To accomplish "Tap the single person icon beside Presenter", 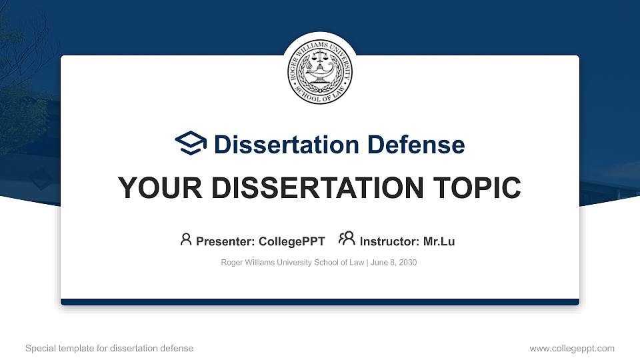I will [186, 239].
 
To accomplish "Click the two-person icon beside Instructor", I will [347, 239].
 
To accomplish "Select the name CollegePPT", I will [292, 241].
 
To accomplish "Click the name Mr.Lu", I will [439, 241].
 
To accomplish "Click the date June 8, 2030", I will [393, 263].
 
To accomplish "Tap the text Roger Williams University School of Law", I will [292, 263].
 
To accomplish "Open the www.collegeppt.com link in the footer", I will [572, 348].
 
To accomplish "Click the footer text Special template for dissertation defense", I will [109, 348].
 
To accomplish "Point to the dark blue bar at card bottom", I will [320, 302].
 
